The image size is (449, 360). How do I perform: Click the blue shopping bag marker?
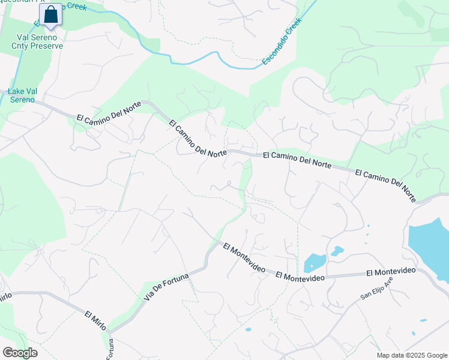pos(51,15)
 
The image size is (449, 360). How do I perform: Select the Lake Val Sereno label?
pos(23,95)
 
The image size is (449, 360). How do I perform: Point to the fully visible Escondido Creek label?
pos(281,41)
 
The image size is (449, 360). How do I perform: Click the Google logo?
pos(20,352)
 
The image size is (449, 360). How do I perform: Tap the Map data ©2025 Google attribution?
pos(411,355)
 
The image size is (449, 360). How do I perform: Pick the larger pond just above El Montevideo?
pos(315,263)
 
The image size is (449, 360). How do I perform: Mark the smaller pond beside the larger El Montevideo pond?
pos(337,251)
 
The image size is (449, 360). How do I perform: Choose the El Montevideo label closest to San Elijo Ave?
pos(391,272)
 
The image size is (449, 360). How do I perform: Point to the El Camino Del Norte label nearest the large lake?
pos(385,185)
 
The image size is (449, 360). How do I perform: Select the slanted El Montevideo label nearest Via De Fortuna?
pos(244,259)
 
